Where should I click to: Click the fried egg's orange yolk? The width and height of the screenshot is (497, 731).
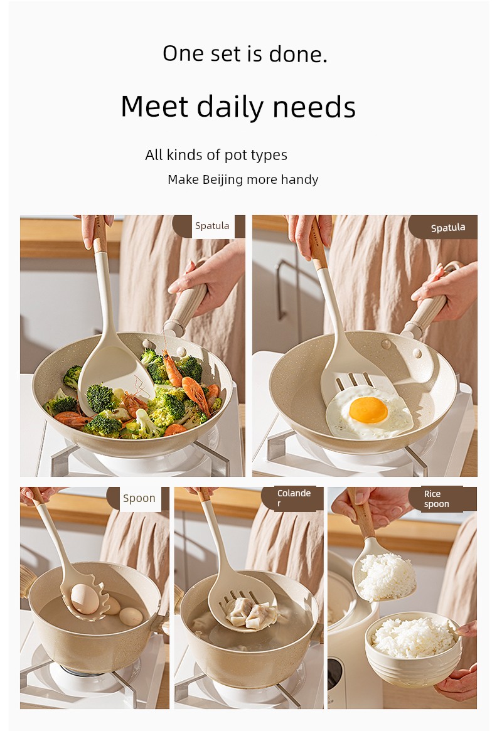pyautogui.click(x=368, y=410)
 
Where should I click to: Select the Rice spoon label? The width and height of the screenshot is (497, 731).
pyautogui.click(x=436, y=499)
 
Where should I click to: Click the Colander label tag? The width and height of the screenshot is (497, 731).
pyautogui.click(x=294, y=498)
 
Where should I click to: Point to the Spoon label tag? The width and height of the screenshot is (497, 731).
pyautogui.click(x=139, y=498)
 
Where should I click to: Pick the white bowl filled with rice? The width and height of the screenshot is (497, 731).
pyautogui.click(x=413, y=649)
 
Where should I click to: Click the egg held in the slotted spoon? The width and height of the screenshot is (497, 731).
pyautogui.click(x=85, y=599)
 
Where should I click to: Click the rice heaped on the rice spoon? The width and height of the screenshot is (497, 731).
pyautogui.click(x=385, y=576)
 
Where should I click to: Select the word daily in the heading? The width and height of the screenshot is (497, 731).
pyautogui.click(x=230, y=107)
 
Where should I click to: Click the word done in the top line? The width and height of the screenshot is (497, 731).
pyautogui.click(x=297, y=54)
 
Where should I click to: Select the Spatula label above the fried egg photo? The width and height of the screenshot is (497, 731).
pyautogui.click(x=448, y=228)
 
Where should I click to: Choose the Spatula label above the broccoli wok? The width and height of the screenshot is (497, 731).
pyautogui.click(x=212, y=226)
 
